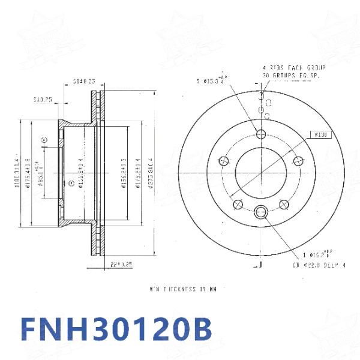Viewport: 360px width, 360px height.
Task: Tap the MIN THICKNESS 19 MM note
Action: (x=182, y=289)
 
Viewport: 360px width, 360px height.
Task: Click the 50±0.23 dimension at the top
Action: (x=84, y=80)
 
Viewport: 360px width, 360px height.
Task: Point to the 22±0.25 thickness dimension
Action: (x=121, y=264)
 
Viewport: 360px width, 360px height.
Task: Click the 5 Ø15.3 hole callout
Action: (x=211, y=80)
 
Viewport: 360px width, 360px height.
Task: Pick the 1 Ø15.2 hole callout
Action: (x=318, y=254)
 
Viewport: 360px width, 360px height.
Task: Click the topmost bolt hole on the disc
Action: (x=261, y=133)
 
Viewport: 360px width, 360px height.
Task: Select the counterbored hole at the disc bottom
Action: (x=261, y=211)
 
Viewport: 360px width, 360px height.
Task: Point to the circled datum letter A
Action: (x=44, y=140)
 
